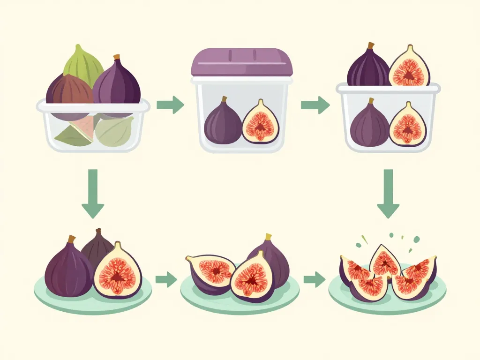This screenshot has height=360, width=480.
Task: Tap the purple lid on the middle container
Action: (241, 62)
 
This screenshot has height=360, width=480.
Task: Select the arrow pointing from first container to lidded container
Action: (170, 105)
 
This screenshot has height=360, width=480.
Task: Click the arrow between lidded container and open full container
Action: (315, 105)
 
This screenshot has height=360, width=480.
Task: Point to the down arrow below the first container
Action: (93, 194)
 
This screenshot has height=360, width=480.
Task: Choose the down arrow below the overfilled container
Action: (388, 194)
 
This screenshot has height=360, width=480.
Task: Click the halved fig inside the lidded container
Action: (261, 123)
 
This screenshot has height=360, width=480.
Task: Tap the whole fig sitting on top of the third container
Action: (368, 68)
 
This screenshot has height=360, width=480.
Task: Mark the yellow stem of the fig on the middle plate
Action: (269, 237)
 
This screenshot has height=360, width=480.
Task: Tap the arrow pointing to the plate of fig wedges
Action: (314, 280)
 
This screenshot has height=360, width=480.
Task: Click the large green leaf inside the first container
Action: (115, 132)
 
